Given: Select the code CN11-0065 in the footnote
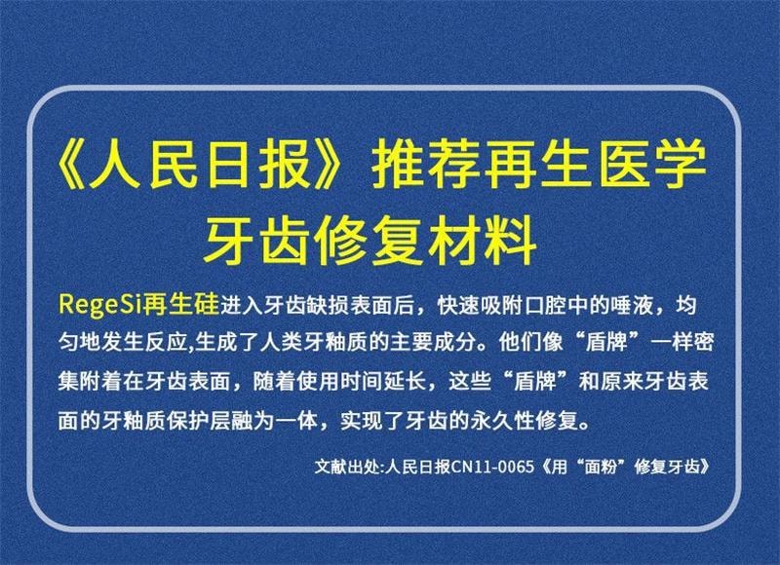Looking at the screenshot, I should [x=494, y=465].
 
